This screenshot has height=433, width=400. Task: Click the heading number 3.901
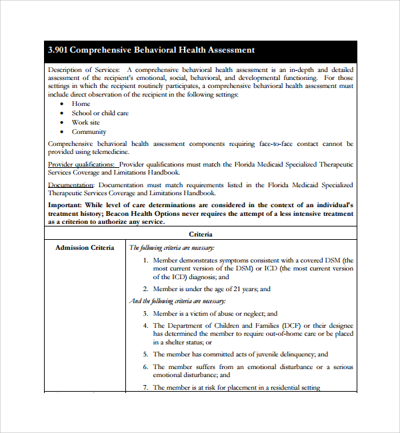point(58,50)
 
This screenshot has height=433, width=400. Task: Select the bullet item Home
point(81,104)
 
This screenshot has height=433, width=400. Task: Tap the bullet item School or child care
point(100,113)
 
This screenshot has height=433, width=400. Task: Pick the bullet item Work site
point(86,123)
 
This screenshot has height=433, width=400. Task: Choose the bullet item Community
point(89,132)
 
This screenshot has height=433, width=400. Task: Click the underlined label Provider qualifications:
point(81,165)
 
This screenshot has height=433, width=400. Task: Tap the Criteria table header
point(201,234)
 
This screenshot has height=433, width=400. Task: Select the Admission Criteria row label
point(85,248)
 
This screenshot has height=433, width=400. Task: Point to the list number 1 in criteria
point(146,260)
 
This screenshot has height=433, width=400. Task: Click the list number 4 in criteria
point(146,326)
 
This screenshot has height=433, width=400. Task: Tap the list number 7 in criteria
point(146,388)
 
